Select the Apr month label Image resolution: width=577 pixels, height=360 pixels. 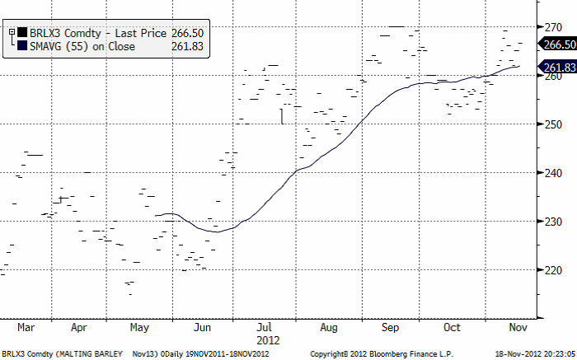coord(79,327)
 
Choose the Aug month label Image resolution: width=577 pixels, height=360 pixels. coord(328,327)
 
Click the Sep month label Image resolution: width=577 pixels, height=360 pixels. coord(390,327)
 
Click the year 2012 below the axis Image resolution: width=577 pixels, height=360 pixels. coord(269,339)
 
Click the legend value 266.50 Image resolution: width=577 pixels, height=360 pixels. coord(187,33)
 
